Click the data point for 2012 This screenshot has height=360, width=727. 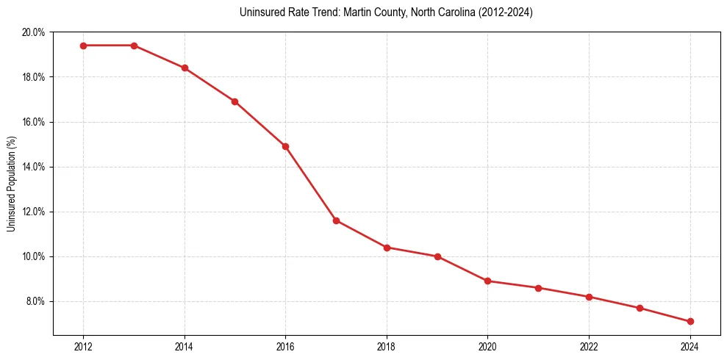coord(83,46)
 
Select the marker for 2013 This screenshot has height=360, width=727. coord(134,46)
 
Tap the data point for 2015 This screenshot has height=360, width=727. coord(234,101)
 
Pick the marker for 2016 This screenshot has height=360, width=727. coord(285,146)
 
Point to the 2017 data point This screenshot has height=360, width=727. coord(336,220)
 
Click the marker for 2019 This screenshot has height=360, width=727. coord(437,256)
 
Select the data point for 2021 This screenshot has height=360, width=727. coord(538,288)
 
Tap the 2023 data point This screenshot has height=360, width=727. coord(640,308)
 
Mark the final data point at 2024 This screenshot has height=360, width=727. coord(690,321)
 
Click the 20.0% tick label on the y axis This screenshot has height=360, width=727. coord(34,32)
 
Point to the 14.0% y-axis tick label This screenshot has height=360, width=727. coord(34,167)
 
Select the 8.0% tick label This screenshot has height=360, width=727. coord(35,301)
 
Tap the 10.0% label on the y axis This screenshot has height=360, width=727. coord(34,256)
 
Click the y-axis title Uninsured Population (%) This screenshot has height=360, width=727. coord(11,184)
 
